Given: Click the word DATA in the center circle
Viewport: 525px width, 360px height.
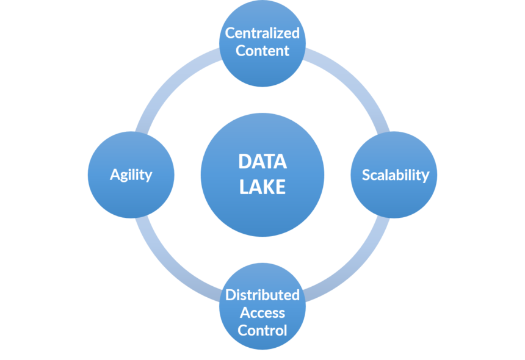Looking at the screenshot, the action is click(262, 162).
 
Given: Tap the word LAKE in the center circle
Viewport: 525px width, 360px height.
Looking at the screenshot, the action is click(262, 187).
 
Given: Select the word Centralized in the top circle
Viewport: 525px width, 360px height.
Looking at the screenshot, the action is click(262, 33).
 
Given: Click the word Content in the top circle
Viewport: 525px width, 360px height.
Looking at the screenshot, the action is click(262, 51).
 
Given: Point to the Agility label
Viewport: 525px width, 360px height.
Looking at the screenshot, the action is click(131, 175).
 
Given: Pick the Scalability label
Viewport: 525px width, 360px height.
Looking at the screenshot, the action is click(396, 175).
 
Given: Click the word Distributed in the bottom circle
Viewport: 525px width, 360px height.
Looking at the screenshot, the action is click(262, 295).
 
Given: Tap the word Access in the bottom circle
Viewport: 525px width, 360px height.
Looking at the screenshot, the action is click(262, 313).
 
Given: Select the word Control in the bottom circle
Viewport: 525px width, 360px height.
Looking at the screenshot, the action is click(262, 331).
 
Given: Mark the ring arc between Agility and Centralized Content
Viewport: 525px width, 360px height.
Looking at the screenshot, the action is click(170, 82).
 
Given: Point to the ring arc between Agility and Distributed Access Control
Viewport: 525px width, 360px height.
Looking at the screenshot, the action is click(170, 268).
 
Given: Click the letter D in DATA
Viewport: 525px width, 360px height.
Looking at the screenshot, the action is click(245, 162).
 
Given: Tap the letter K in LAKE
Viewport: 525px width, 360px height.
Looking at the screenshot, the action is click(269, 187).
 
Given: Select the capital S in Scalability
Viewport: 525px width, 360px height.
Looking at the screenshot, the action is click(366, 175).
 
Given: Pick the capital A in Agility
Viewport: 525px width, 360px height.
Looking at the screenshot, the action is click(115, 175).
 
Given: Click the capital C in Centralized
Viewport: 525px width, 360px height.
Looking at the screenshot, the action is click(230, 33).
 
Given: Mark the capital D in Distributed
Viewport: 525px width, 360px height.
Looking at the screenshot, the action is click(231, 295).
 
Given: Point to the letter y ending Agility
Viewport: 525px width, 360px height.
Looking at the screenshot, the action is click(148, 177).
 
